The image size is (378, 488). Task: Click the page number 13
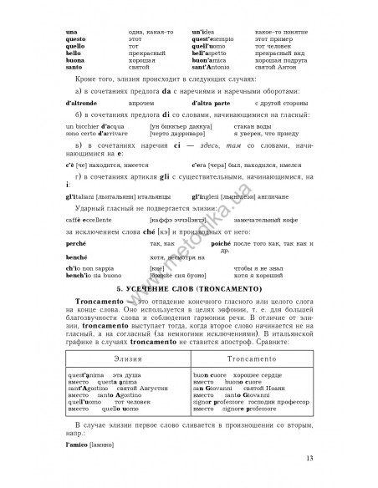(x=310, y=457)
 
